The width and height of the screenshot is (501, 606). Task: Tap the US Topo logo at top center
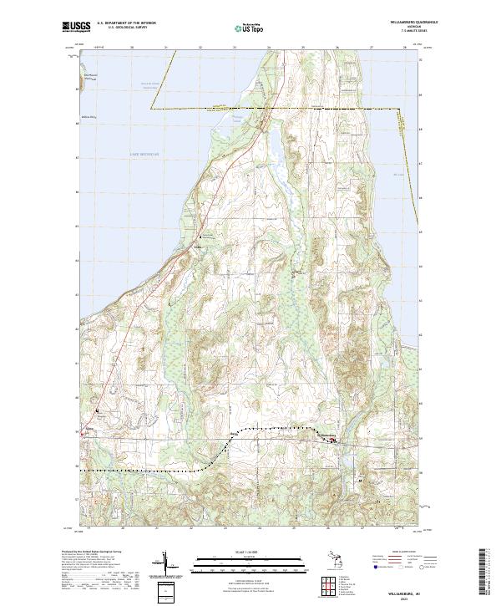point(245,28)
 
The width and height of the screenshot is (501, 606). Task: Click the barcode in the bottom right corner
point(485,574)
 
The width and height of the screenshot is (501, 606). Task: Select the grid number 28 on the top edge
point(404,48)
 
